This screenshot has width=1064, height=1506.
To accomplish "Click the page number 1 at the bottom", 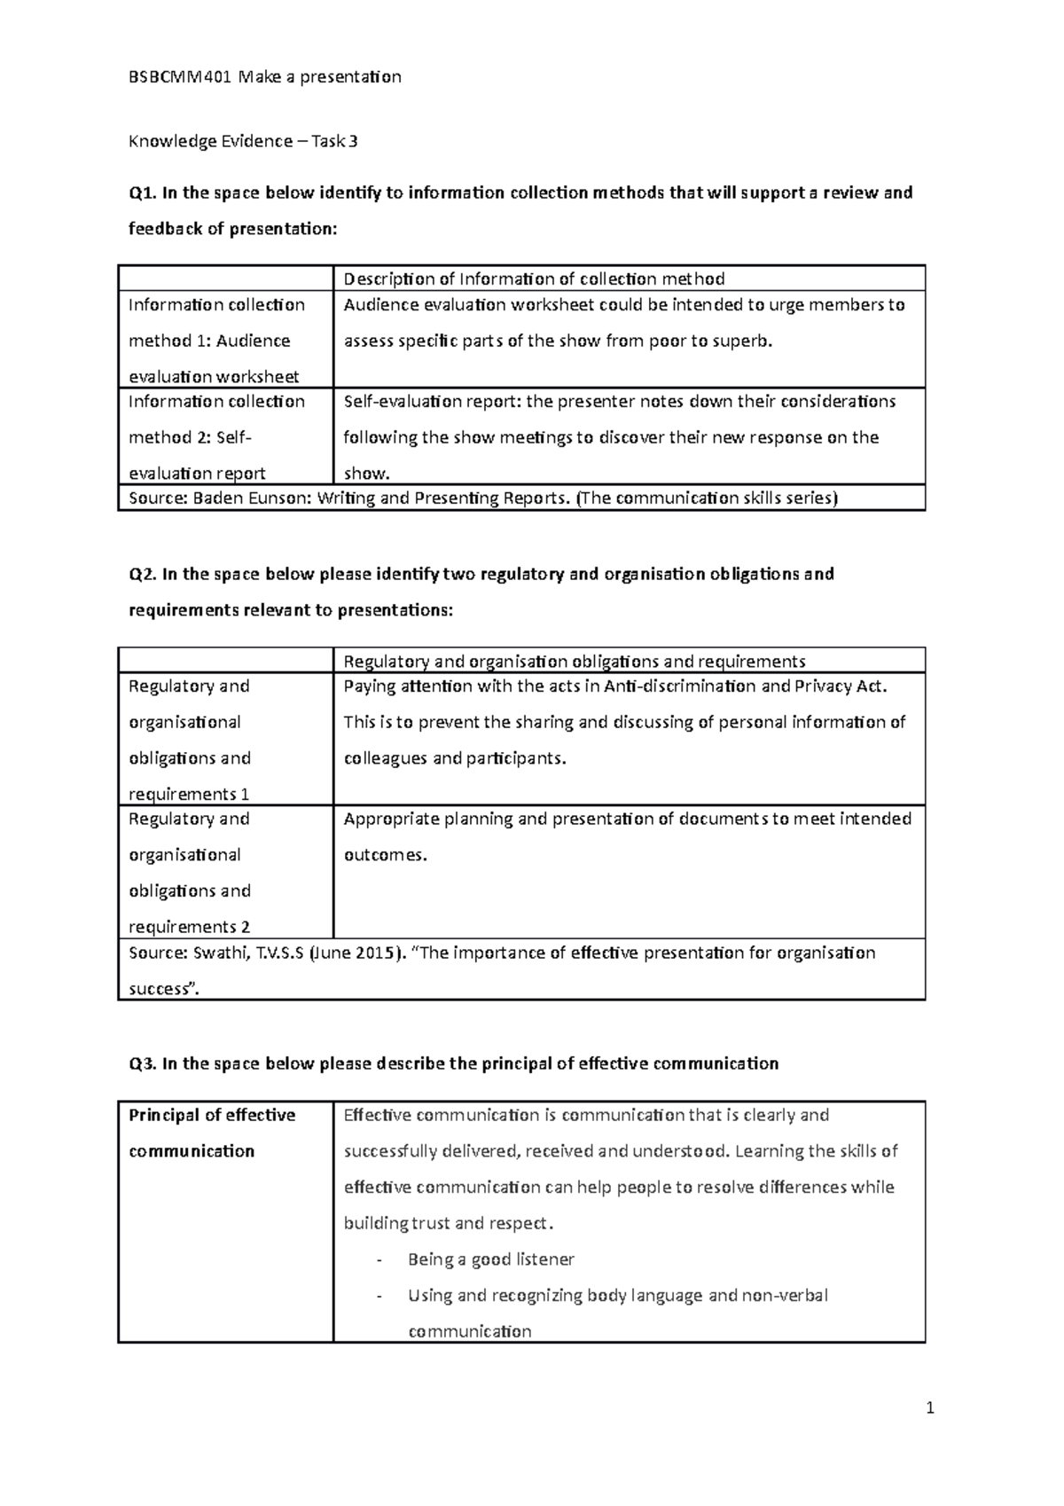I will [930, 1408].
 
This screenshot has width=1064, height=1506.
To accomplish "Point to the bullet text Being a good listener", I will [490, 1260].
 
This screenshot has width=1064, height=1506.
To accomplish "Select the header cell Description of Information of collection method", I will [534, 279].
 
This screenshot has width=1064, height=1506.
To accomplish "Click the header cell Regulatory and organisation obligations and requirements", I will [574, 662].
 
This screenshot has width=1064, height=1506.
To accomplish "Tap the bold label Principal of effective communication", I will [212, 1133].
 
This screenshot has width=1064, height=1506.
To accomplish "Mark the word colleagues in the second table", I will [385, 759].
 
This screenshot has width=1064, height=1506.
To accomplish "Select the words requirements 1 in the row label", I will [189, 795].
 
